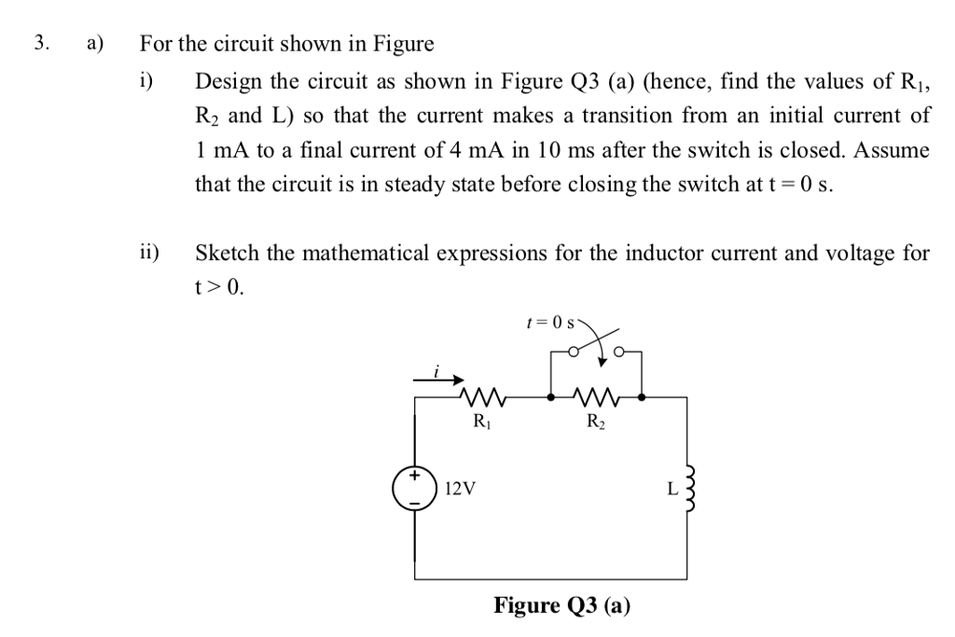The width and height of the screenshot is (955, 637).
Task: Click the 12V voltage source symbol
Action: [416, 487]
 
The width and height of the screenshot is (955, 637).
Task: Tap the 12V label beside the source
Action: [460, 487]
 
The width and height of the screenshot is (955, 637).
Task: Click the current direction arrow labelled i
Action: [439, 379]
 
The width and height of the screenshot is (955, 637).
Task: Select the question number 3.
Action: [39, 43]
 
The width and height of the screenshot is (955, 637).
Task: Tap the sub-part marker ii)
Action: [149, 252]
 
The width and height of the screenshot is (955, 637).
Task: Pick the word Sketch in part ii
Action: [225, 253]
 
